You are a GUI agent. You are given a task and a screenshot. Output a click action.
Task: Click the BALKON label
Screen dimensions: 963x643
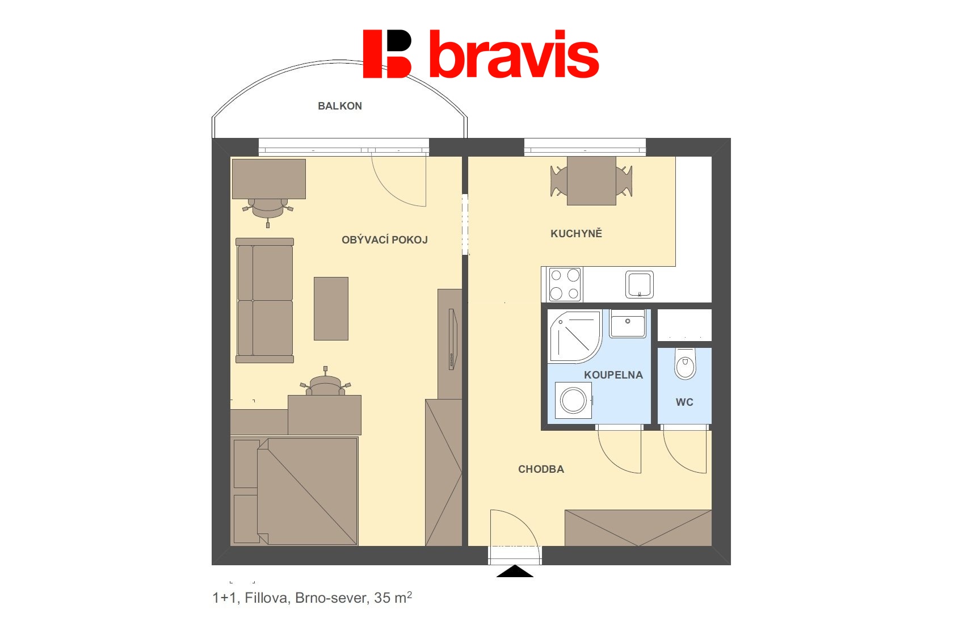coord(339,106)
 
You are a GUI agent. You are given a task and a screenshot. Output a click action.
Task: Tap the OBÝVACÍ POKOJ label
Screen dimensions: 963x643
coord(384,239)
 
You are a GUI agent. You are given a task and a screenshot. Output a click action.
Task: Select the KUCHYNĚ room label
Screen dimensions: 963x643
coord(576,233)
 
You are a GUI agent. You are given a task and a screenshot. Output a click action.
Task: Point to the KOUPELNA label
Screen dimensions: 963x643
coord(613,375)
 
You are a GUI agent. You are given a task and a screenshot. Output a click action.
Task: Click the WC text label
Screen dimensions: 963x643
coord(684,402)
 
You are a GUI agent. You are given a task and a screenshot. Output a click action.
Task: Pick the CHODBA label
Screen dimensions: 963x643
coord(541,469)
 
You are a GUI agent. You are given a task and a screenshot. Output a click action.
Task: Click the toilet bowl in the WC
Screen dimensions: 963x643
coord(685,364)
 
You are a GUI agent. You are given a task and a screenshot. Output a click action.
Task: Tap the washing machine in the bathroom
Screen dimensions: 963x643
coord(574,400)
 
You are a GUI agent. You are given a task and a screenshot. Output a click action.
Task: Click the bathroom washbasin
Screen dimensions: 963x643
coord(628,323)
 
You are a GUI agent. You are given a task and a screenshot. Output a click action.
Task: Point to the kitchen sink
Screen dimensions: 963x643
coord(640,284)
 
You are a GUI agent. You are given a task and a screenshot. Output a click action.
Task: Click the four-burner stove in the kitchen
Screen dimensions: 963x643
coord(565,284)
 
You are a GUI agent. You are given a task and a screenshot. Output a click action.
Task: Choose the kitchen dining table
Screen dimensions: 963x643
coord(591,180)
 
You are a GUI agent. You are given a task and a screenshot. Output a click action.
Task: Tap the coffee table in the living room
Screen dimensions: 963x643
coord(331,309)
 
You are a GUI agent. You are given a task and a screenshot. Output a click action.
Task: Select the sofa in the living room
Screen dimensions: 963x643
coord(265,300)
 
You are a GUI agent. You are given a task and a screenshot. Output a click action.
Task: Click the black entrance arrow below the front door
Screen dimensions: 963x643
coord(515,571)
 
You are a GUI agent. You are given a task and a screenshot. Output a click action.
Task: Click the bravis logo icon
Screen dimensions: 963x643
coord(387,54)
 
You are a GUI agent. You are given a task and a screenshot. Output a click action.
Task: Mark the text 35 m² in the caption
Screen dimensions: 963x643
coord(393,598)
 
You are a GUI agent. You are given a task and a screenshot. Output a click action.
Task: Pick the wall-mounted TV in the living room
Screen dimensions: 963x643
coord(452,339)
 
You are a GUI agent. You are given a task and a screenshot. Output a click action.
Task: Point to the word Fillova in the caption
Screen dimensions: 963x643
coord(266,598)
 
